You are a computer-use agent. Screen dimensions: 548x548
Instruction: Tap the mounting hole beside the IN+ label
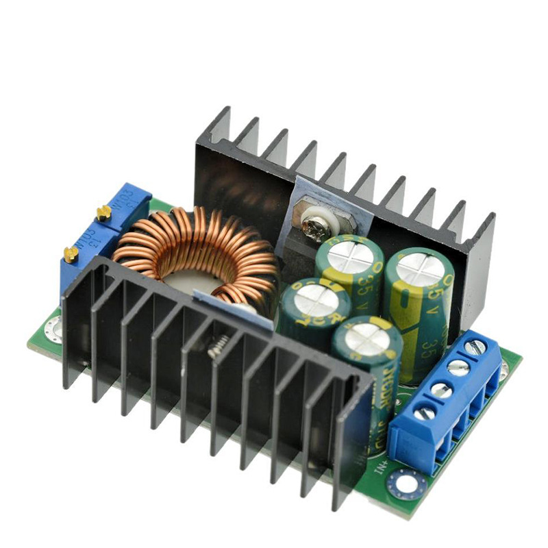(x=400, y=485)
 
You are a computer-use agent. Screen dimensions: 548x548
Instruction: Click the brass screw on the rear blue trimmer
(x=103, y=212)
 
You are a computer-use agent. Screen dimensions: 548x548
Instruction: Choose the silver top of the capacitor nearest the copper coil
(x=311, y=300)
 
